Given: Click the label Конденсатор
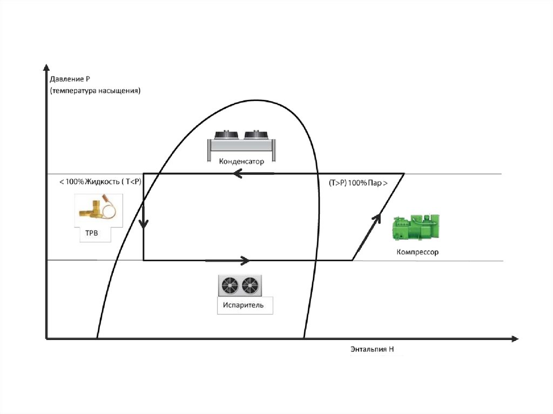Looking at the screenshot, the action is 241,161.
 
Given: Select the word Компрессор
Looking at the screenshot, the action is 417,252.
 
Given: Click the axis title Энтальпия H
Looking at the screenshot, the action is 372,349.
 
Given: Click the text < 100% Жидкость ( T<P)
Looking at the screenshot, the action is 100,182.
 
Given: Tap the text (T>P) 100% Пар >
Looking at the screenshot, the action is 358,183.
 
